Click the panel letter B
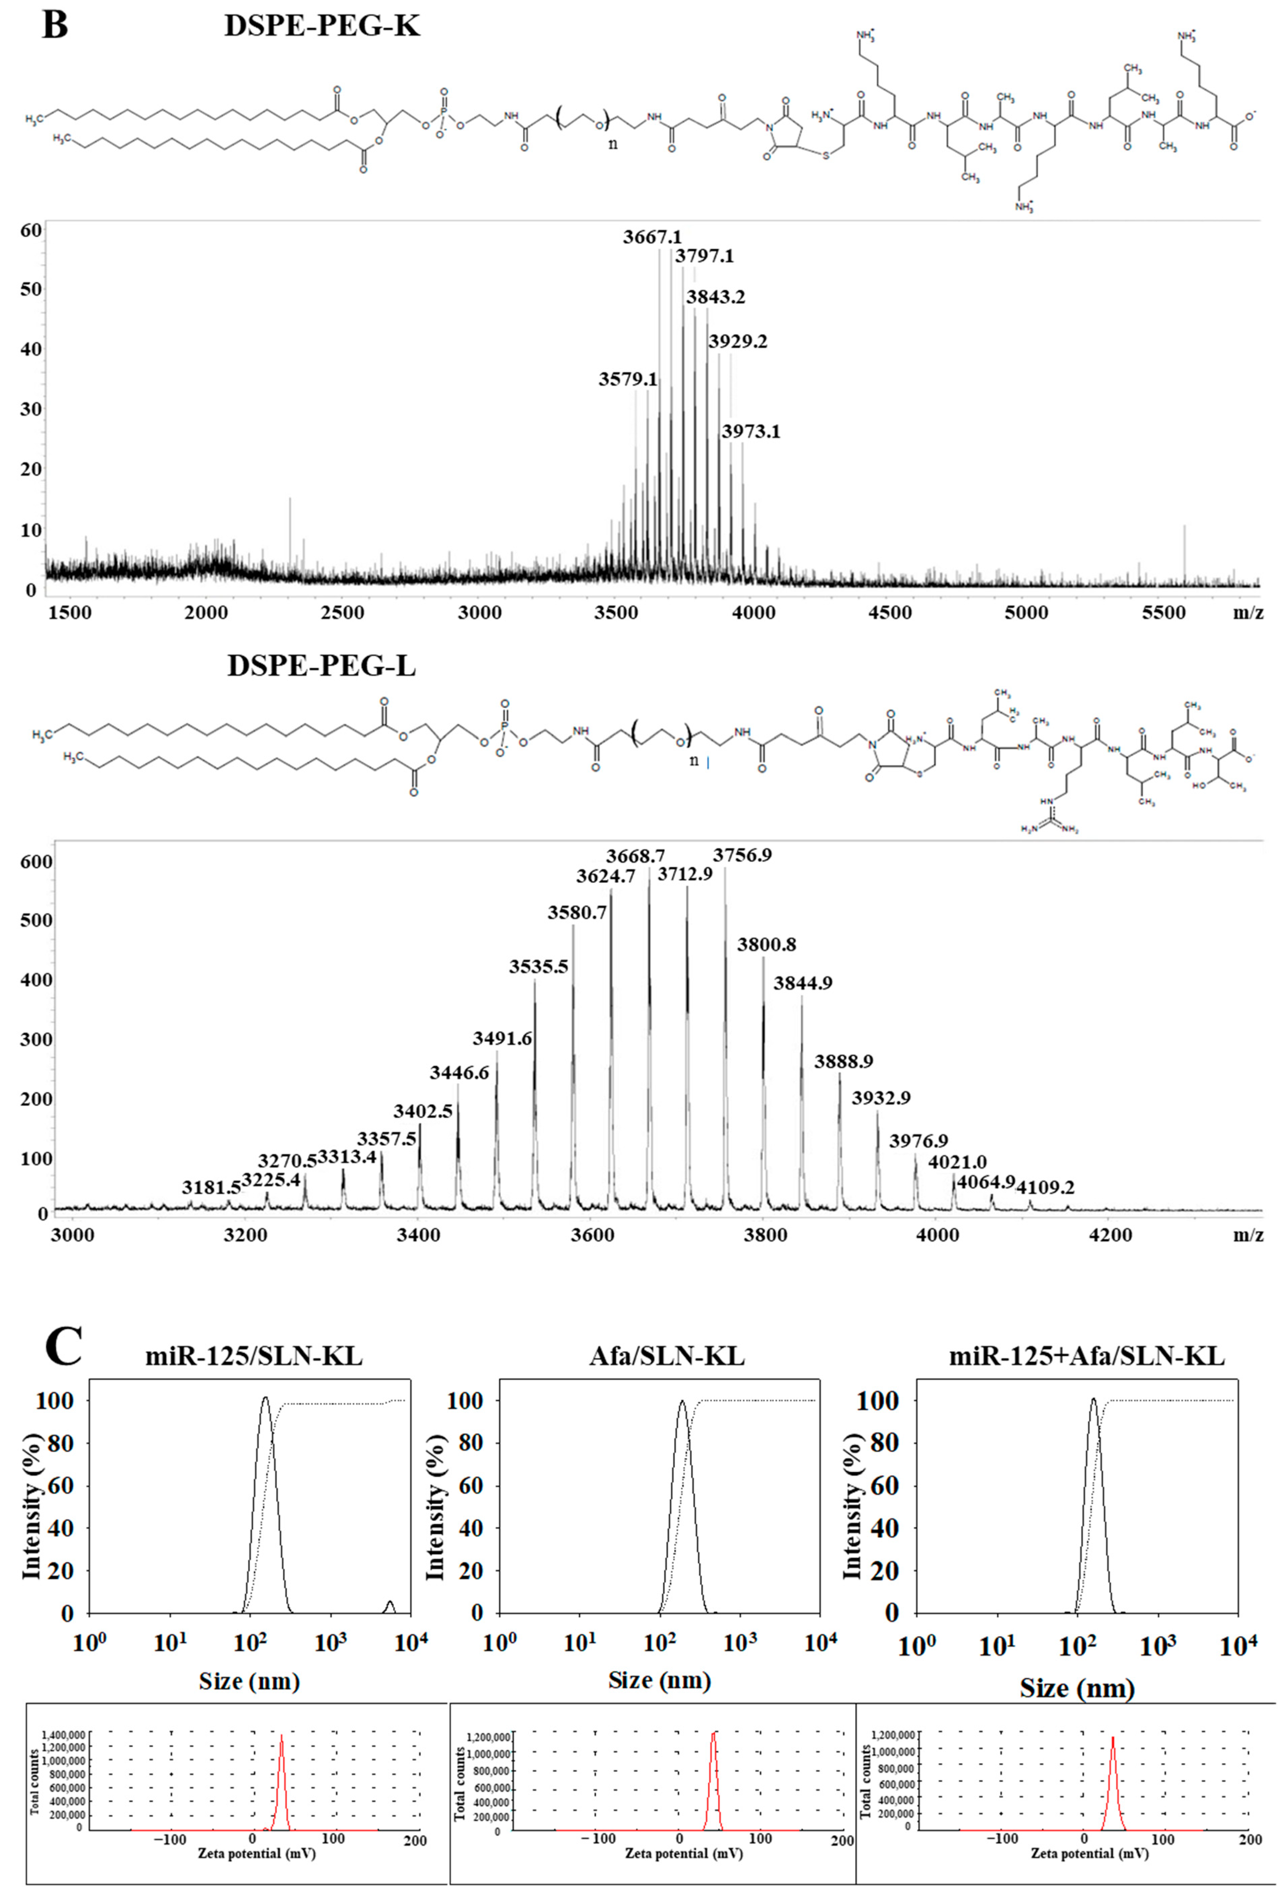click(x=55, y=25)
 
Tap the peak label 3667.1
click(x=651, y=237)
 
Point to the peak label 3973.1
click(x=750, y=431)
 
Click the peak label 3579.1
click(x=627, y=379)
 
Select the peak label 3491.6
click(x=502, y=1038)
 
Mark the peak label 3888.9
click(x=843, y=1061)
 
